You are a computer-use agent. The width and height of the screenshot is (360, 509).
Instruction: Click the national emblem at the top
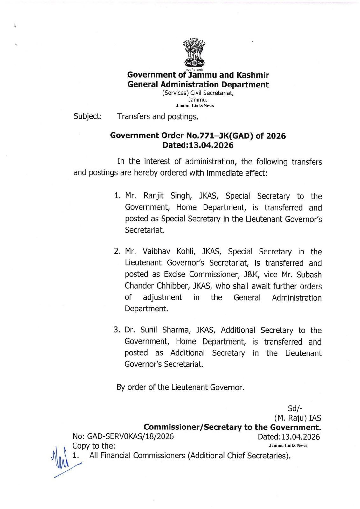pos(194,53)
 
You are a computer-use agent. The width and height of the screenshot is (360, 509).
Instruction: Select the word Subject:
pos(88,116)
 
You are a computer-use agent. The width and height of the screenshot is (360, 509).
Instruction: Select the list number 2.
pos(117,251)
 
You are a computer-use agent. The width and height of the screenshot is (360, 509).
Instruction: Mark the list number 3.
pos(116,330)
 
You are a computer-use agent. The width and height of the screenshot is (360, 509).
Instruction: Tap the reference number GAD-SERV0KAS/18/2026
pos(130,436)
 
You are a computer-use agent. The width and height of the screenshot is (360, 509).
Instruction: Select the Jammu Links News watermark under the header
pos(195,106)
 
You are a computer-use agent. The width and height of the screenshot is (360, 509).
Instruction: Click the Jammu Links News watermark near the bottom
pos(288,445)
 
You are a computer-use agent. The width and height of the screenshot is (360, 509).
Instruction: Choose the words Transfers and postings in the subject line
pos(158,116)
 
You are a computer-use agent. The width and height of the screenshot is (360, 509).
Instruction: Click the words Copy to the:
pos(94,446)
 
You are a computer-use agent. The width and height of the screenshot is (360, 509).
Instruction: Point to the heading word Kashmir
pos(253,75)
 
